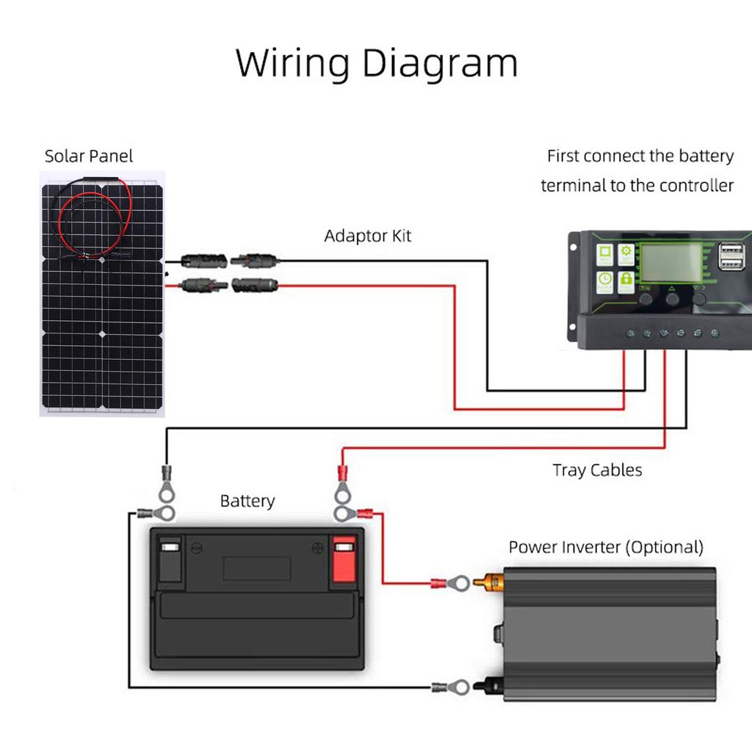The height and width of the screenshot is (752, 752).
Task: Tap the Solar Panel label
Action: tap(89, 156)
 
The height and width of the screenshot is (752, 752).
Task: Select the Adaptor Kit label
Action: tap(368, 236)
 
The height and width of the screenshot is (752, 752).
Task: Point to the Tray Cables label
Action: tap(597, 470)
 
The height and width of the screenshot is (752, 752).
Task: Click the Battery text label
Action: tap(247, 502)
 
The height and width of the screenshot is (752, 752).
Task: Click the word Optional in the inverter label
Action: tap(663, 547)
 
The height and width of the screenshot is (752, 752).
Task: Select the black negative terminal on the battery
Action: tap(170, 562)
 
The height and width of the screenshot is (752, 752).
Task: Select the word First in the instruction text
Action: tap(563, 156)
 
